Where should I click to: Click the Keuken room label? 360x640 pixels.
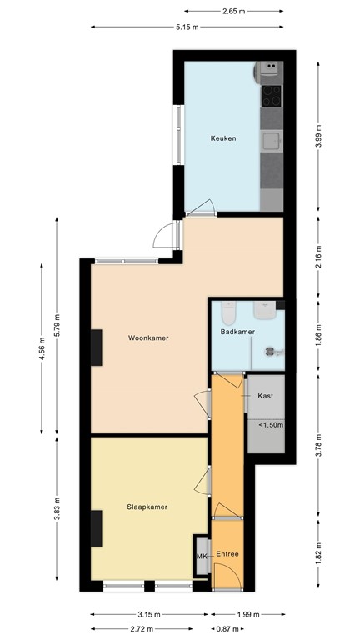pyautogui.click(x=222, y=139)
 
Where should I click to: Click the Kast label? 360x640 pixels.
pyautogui.click(x=266, y=396)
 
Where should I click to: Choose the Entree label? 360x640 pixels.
pyautogui.click(x=227, y=554)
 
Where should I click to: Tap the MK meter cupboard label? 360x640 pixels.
pyautogui.click(x=201, y=556)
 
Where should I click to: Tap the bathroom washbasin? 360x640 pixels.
pyautogui.click(x=265, y=311)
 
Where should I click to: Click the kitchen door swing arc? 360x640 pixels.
pyautogui.click(x=202, y=209)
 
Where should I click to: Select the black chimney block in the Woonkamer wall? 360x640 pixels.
pyautogui.click(x=97, y=347)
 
